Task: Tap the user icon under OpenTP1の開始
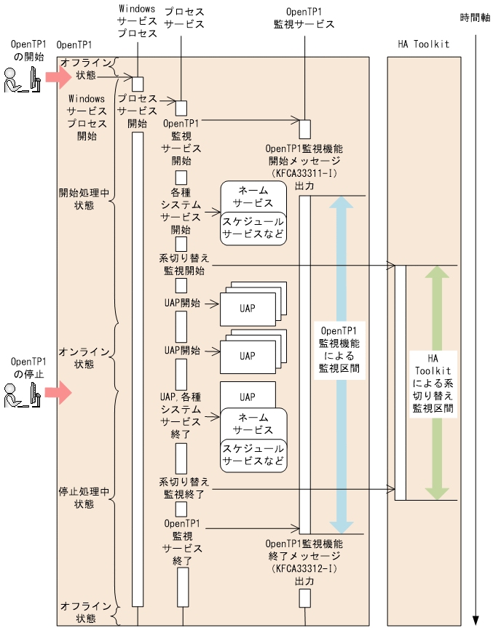point(21,81)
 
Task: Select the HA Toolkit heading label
point(423,44)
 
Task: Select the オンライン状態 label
point(84,357)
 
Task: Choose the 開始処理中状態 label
point(84,199)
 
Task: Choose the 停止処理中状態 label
point(84,498)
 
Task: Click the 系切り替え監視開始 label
point(184,263)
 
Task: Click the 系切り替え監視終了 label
point(184,488)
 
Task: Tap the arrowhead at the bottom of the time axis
point(476,619)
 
